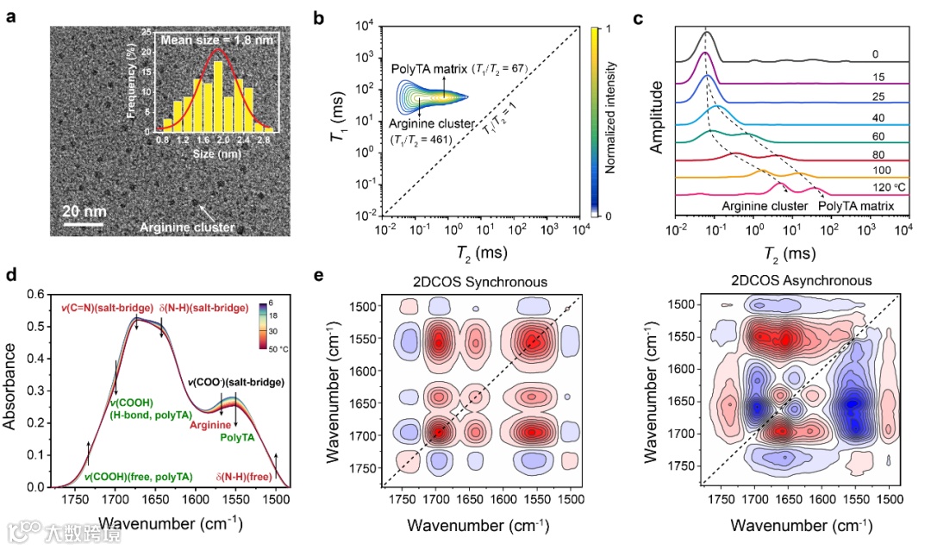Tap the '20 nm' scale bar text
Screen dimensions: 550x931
tap(84, 209)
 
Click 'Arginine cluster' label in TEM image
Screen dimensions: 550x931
tap(187, 228)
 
